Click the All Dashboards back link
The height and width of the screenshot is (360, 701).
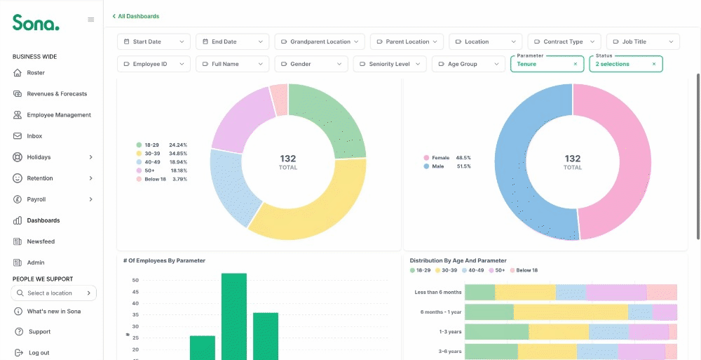tap(136, 16)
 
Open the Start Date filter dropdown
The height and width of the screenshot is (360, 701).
tap(154, 41)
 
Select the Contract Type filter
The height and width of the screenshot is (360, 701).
tap(564, 41)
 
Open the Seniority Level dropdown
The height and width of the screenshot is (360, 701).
tap(389, 64)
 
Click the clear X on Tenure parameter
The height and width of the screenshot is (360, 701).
tap(576, 64)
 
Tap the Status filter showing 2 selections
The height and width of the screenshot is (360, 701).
tap(626, 64)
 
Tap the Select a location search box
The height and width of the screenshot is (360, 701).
tap(54, 293)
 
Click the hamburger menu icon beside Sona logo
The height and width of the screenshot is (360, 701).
tap(90, 20)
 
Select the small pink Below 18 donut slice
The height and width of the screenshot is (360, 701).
tap(280, 100)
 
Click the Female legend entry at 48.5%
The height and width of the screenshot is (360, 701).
tap(447, 158)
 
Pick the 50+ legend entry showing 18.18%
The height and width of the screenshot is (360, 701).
tap(162, 171)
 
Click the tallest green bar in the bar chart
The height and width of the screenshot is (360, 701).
tap(234, 316)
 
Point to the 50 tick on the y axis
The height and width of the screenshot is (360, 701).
tap(135, 280)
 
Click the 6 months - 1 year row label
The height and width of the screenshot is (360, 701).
tap(441, 312)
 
